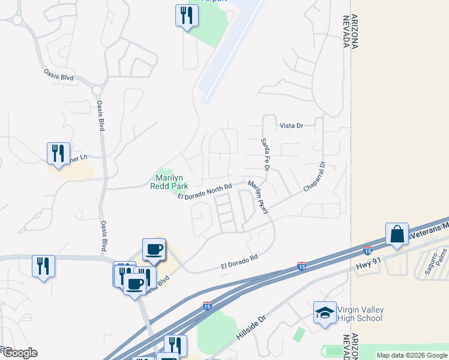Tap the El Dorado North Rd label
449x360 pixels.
(x=204, y=193)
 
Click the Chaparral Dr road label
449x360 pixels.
(x=314, y=176)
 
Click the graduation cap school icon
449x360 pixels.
(x=325, y=313)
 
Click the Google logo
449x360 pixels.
(x=19, y=353)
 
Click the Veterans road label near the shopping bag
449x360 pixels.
(x=429, y=227)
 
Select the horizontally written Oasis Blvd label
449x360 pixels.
(x=59, y=78)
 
